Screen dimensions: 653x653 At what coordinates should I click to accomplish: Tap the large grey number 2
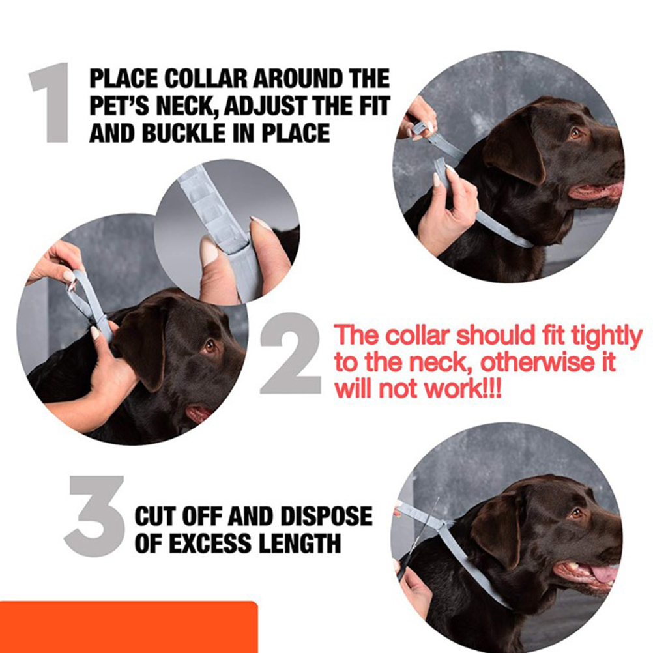click(x=290, y=353)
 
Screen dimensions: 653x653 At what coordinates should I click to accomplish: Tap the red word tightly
click(x=607, y=337)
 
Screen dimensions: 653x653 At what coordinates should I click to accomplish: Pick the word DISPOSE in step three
click(x=326, y=516)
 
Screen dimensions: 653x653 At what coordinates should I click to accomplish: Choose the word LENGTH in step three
click(x=299, y=544)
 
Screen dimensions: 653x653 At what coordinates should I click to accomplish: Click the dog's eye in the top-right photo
click(x=576, y=134)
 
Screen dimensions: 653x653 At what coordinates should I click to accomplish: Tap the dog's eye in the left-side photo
click(x=209, y=345)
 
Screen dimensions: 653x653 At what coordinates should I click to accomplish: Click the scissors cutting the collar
click(x=418, y=537)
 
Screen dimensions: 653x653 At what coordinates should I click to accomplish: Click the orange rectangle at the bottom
click(x=128, y=627)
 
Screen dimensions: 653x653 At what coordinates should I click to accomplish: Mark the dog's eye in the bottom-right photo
click(x=576, y=514)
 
